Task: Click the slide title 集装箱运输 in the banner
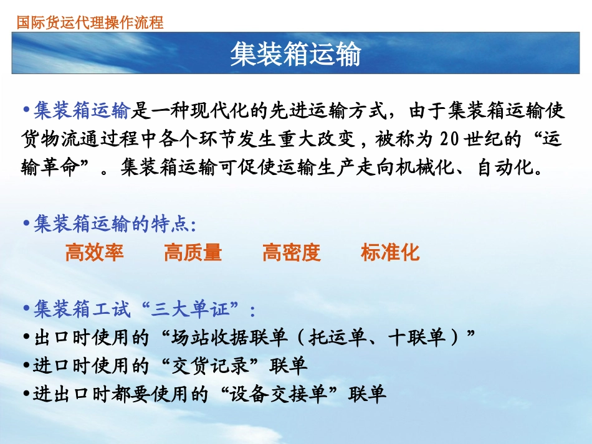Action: pyautogui.click(x=295, y=55)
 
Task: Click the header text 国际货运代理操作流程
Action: pyautogui.click(x=90, y=23)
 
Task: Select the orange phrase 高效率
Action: pyautogui.click(x=94, y=252)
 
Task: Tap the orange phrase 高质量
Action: pyautogui.click(x=193, y=252)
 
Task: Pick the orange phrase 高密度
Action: pyautogui.click(x=291, y=252)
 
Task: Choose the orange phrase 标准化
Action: pyautogui.click(x=390, y=252)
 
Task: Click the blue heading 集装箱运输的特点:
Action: pyautogui.click(x=115, y=224)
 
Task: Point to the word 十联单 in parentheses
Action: pyautogui.click(x=416, y=338)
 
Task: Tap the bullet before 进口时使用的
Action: pyautogui.click(x=26, y=366)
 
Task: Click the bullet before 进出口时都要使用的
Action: pyautogui.click(x=26, y=394)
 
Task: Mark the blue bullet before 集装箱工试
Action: pyautogui.click(x=26, y=309)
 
